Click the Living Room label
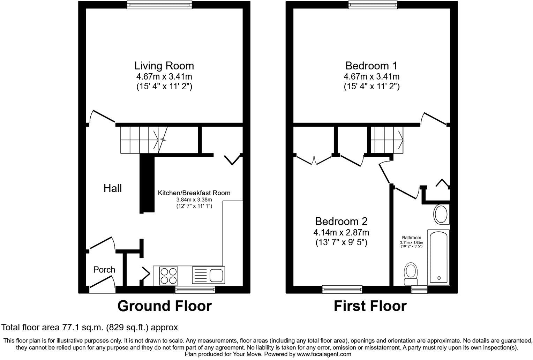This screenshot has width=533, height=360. pyautogui.click(x=164, y=66)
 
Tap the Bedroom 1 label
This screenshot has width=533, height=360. pyautogui.click(x=371, y=66)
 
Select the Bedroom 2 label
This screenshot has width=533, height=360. pyautogui.click(x=341, y=221)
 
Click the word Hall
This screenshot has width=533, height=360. pyautogui.click(x=113, y=188)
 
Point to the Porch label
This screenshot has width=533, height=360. pyautogui.click(x=104, y=270)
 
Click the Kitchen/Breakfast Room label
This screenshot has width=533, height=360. pyautogui.click(x=194, y=193)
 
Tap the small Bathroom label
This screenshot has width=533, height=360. pyautogui.click(x=411, y=238)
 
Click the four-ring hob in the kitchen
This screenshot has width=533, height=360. pyautogui.click(x=169, y=275)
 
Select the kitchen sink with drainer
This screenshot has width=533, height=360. pyautogui.click(x=208, y=275)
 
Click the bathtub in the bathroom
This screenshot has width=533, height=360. pyautogui.click(x=438, y=257)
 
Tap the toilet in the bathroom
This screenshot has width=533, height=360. pyautogui.click(x=411, y=274)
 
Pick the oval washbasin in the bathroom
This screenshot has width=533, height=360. pyautogui.click(x=441, y=215)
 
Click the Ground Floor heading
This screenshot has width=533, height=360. pyautogui.click(x=164, y=306)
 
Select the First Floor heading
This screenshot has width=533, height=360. pyautogui.click(x=370, y=306)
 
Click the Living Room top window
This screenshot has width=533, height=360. pyautogui.click(x=159, y=5)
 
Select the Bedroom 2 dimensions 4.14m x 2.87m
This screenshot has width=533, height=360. pyautogui.click(x=341, y=232)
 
